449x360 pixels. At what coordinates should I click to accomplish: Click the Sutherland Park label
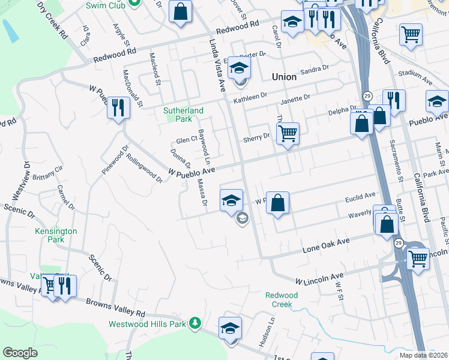184,115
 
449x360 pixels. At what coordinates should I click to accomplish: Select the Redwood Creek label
282,299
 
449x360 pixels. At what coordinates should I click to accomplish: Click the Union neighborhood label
284,77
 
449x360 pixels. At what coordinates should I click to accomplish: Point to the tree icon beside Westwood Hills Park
194,324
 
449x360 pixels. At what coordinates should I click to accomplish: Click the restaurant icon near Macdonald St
118,108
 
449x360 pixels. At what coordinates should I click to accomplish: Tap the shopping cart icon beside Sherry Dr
288,133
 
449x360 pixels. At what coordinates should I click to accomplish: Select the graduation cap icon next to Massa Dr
231,200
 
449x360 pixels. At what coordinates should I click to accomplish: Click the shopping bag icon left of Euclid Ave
277,203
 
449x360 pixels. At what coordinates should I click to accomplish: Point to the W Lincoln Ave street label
319,279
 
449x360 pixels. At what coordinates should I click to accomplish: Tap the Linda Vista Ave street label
215,60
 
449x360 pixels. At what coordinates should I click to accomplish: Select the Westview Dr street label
19,181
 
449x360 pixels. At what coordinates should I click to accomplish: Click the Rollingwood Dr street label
144,167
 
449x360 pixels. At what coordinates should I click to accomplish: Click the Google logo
20,353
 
